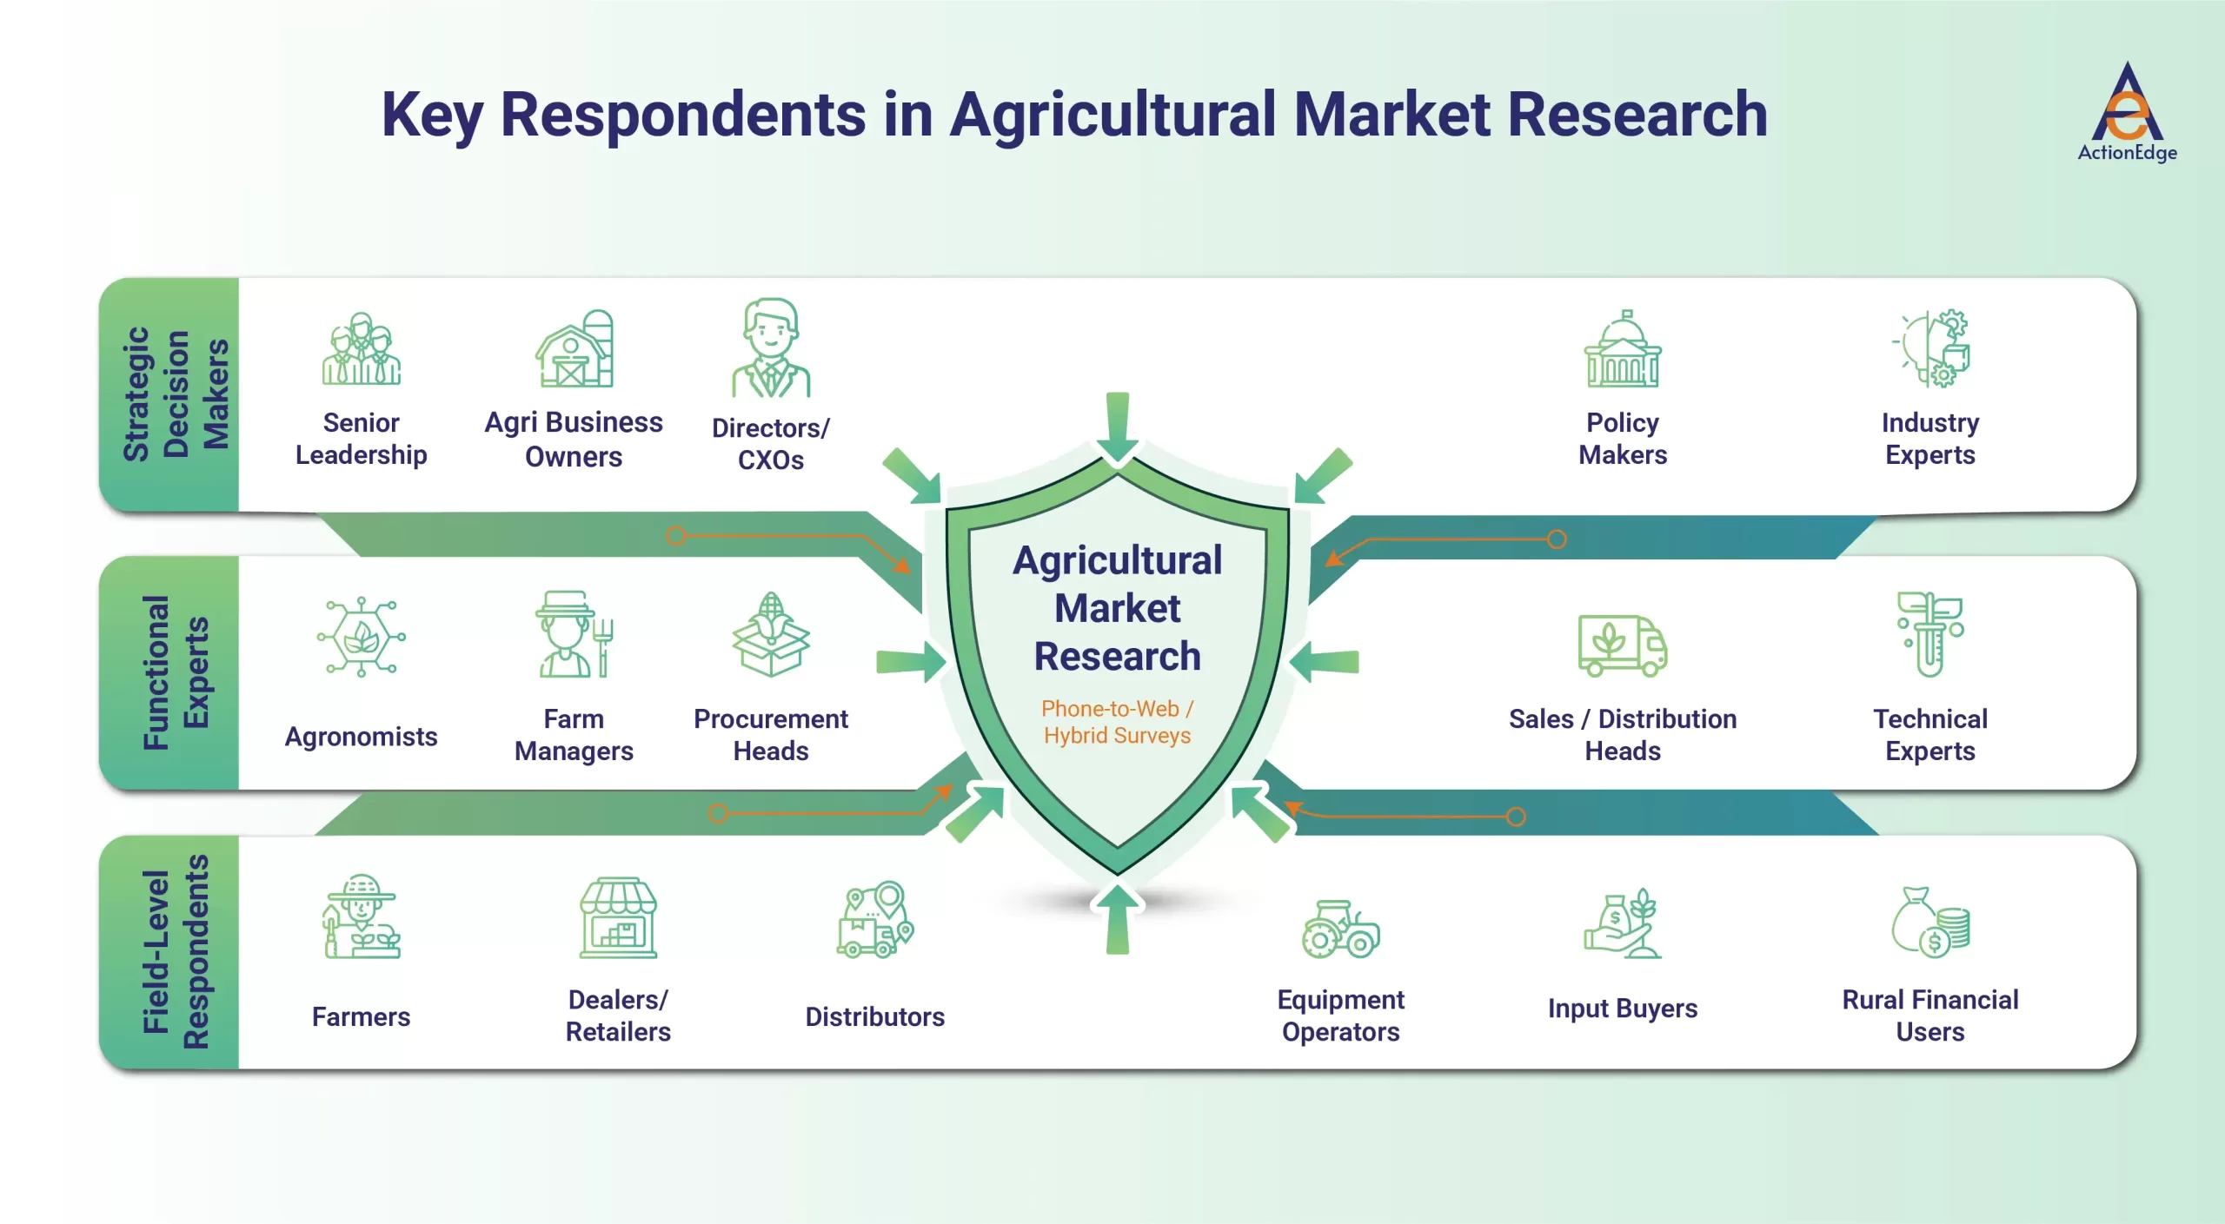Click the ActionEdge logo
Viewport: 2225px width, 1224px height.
(2126, 111)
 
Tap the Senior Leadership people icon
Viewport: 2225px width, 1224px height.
(361, 349)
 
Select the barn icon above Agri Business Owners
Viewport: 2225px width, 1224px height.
(574, 349)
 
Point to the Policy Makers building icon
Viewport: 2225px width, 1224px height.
(1622, 349)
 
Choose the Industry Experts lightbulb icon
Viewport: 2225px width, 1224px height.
(1931, 349)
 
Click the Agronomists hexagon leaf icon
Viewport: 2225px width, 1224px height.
(361, 637)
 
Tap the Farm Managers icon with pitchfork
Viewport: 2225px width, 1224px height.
(574, 635)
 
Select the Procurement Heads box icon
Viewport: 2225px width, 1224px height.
(770, 635)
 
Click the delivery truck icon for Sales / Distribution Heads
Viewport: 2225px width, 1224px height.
(1622, 645)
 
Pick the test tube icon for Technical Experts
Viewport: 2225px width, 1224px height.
(1929, 635)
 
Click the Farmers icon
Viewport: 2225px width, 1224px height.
(361, 916)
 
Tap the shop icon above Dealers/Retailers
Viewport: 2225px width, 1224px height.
(618, 917)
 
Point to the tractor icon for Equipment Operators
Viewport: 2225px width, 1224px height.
(1340, 929)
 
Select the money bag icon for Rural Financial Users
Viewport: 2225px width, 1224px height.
(1929, 923)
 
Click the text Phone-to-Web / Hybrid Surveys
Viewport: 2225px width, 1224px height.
(1117, 722)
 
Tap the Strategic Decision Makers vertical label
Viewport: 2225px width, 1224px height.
(176, 394)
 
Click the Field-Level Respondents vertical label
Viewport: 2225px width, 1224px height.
(176, 952)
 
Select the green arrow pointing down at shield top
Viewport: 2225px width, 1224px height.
(1118, 426)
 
